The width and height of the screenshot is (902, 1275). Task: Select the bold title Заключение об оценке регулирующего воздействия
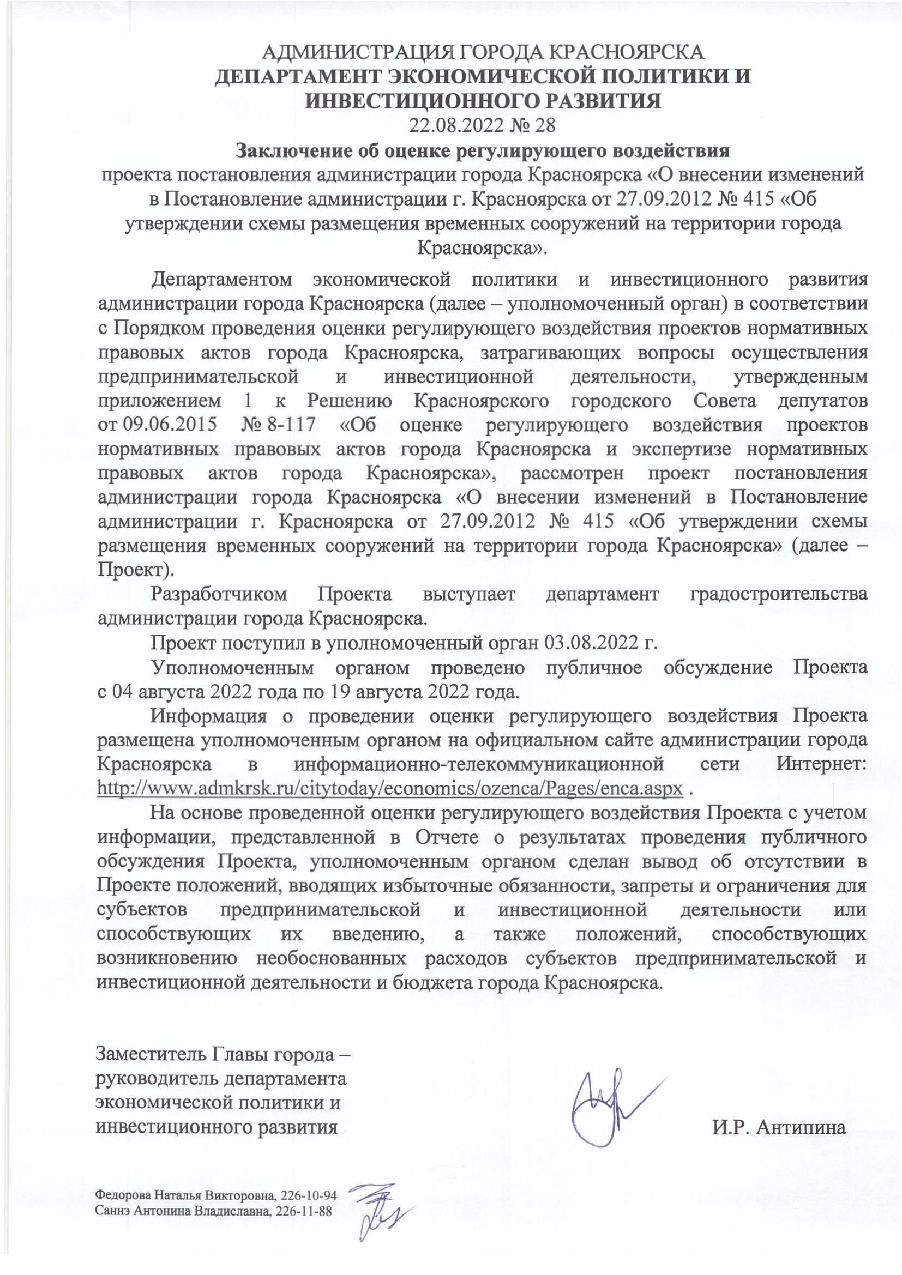pyautogui.click(x=482, y=150)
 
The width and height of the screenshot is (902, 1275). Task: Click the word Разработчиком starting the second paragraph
pyautogui.click(x=219, y=594)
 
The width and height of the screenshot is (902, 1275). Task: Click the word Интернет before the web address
pyautogui.click(x=821, y=764)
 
